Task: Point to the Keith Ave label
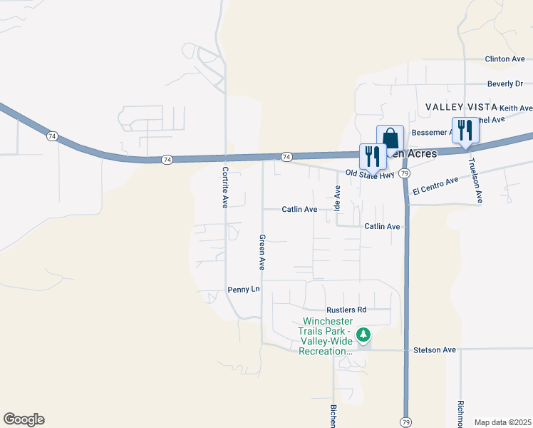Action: (515, 108)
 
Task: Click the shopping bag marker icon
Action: (390, 138)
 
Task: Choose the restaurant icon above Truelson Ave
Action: (465, 131)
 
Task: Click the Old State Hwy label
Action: (370, 173)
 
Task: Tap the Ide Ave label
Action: (338, 197)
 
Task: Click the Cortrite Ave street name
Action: (224, 187)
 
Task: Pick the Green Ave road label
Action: (262, 252)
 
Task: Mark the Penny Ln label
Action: (244, 290)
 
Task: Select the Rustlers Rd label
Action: (346, 310)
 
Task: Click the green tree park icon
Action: (363, 334)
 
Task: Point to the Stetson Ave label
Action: (434, 350)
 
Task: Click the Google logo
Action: (24, 419)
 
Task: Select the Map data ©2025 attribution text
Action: (502, 422)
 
